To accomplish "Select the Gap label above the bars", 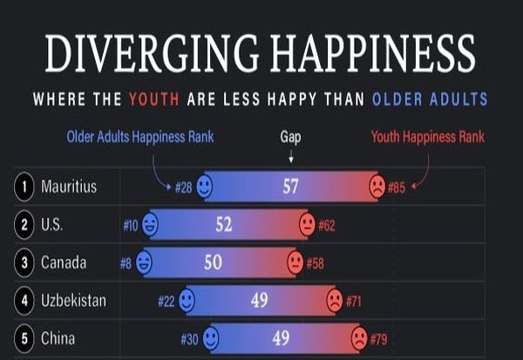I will [290, 137].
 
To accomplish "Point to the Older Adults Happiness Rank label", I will [140, 137].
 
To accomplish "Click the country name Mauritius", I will [69, 187].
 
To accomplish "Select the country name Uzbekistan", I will [74, 301].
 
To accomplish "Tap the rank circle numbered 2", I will [24, 225].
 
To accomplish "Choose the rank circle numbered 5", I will [24, 338].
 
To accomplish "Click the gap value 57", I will [290, 187].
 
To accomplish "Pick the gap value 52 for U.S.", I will [224, 225].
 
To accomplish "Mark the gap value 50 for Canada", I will [213, 262].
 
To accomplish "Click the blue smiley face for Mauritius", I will [204, 187].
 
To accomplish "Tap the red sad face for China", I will [358, 338].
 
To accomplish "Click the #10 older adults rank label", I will [131, 225].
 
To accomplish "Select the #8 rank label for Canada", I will [126, 262].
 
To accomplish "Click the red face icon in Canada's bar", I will [295, 262].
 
